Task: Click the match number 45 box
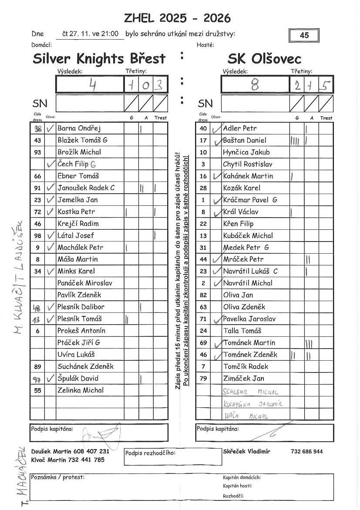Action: (304, 35)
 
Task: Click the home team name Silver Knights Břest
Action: (99, 58)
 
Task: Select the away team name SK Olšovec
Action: (264, 58)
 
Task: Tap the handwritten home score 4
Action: (92, 84)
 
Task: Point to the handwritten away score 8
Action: (255, 84)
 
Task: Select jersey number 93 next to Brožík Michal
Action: (37, 152)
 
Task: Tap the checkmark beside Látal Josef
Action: (50, 235)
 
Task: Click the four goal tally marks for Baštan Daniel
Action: (295, 141)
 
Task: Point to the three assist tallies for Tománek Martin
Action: (309, 343)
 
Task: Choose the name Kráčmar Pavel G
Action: (250, 200)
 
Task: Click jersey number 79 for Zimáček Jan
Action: (203, 379)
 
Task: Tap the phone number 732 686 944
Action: (306, 452)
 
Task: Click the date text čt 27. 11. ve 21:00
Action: (90, 34)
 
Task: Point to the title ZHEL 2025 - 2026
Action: (177, 18)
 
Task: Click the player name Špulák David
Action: (78, 379)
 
